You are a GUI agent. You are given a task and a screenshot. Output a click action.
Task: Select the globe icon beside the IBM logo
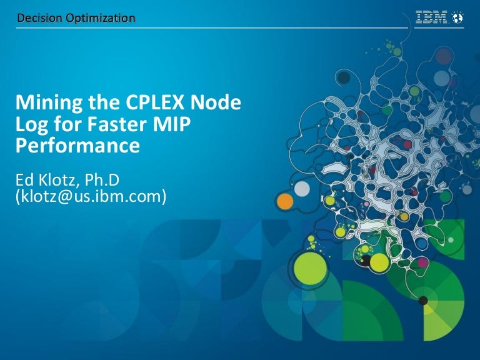point(458,18)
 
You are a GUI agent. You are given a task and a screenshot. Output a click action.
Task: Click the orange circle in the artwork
point(285,201)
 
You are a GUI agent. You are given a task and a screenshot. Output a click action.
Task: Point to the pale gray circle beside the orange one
point(302,188)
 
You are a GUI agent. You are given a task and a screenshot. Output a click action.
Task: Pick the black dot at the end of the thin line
point(423,300)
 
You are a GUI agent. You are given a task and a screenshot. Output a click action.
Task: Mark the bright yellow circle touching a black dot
point(379,262)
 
